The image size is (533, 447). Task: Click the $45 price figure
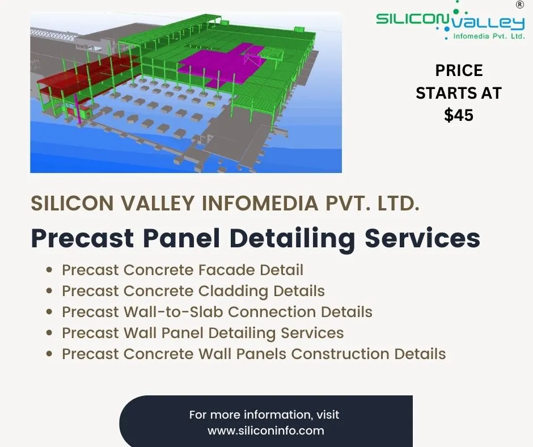(459, 115)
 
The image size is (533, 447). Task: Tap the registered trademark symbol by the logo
(520, 5)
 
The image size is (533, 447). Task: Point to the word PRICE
(459, 70)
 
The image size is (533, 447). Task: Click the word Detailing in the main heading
(292, 238)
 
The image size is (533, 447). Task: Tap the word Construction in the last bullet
(340, 354)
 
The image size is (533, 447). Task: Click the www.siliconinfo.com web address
(266, 431)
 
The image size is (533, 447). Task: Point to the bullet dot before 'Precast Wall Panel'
(50, 333)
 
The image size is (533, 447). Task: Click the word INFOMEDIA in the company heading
(260, 203)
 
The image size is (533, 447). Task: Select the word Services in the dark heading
(422, 238)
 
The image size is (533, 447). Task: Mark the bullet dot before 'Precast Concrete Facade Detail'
(50, 270)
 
